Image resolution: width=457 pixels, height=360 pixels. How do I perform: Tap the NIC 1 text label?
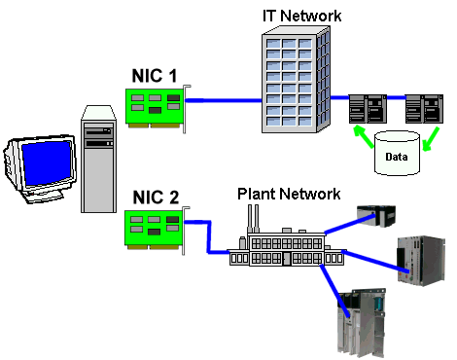pos(155,74)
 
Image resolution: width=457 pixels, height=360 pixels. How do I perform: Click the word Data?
pos(396,155)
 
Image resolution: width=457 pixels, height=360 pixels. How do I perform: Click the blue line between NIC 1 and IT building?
pos(224,98)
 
